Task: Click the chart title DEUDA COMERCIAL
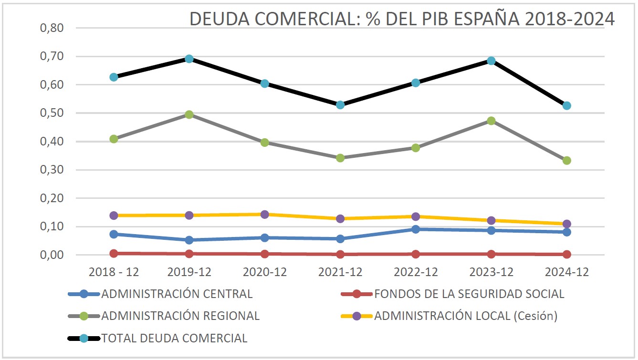[402, 19]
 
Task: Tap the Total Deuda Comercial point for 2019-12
[189, 59]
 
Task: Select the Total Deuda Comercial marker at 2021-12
[340, 104]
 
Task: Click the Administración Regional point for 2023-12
[491, 121]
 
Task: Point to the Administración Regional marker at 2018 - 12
[114, 139]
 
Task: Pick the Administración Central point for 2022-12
[416, 229]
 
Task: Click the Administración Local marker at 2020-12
[265, 214]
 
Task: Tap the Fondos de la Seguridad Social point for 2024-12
[566, 254]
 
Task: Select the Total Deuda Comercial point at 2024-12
[566, 105]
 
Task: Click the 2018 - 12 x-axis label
[114, 272]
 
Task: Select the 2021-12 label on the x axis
[340, 272]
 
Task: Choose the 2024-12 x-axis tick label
[566, 272]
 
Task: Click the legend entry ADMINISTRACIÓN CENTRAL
[177, 294]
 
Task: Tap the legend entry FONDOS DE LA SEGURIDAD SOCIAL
[469, 294]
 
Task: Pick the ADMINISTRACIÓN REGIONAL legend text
[180, 316]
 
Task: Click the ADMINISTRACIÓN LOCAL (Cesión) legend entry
[466, 316]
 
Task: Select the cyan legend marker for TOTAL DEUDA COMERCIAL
[84, 338]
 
